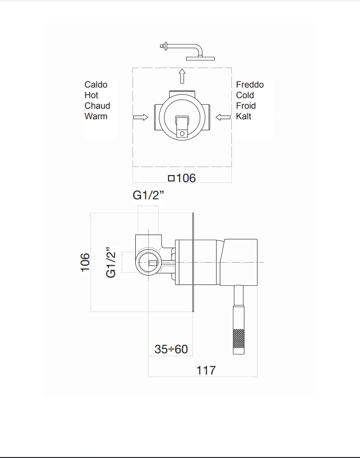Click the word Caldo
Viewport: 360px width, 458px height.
[96, 85]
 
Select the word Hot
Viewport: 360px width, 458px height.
[92, 95]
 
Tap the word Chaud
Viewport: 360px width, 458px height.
[98, 106]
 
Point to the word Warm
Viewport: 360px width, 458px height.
[96, 116]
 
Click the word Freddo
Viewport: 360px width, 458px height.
[250, 85]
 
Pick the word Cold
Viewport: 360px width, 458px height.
[245, 95]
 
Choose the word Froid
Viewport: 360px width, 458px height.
[246, 106]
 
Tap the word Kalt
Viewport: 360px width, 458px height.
[243, 116]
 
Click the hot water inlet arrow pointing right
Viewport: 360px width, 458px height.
[141, 117]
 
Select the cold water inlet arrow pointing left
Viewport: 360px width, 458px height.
[223, 117]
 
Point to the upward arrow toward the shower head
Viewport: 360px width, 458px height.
[182, 76]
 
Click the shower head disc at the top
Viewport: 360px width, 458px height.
[200, 59]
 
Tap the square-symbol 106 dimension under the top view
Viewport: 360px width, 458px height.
[182, 178]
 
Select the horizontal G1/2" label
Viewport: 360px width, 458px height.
[148, 195]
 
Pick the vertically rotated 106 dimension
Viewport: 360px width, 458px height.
[85, 262]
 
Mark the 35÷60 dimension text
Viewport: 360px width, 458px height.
[171, 349]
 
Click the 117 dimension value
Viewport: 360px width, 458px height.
[206, 370]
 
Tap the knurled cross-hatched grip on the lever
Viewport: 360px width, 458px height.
[239, 339]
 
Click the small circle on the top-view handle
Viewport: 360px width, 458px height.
[182, 133]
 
